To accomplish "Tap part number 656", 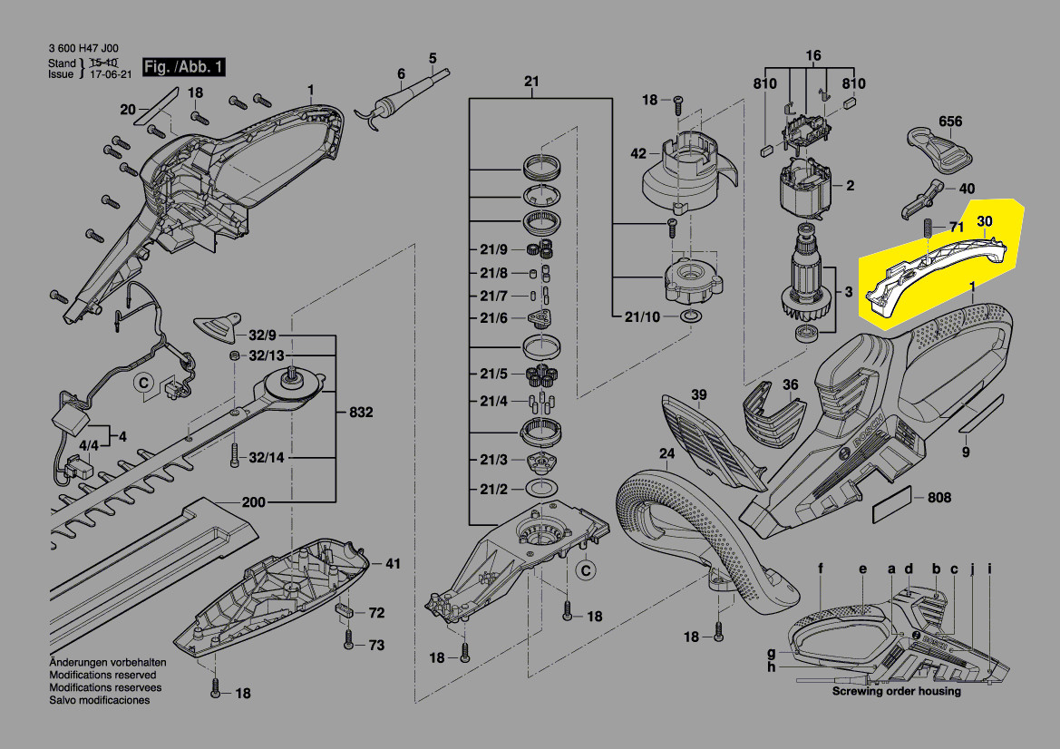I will point(950,122).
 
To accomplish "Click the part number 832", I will point(361,413).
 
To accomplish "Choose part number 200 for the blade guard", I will point(254,502).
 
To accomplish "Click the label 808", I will point(939,498).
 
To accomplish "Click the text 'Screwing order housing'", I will point(897,691).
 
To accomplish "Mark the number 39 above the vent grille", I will point(699,394).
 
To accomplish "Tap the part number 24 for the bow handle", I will point(666,453).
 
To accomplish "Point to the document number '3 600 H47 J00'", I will point(83,49).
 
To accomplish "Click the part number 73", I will point(375,646).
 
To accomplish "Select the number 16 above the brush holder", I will point(812,56).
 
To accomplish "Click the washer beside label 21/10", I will point(689,316).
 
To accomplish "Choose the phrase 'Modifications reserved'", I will point(102,676).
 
